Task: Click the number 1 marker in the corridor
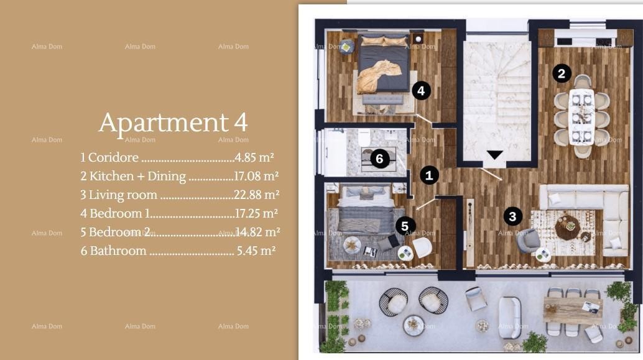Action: click(x=429, y=175)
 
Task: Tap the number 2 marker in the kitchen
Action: click(x=561, y=74)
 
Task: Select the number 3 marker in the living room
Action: click(x=512, y=216)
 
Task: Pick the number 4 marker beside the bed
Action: click(x=421, y=91)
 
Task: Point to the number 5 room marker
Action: click(x=405, y=226)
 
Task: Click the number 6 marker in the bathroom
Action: click(x=380, y=159)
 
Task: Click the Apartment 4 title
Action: click(x=173, y=122)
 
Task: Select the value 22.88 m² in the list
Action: click(x=256, y=195)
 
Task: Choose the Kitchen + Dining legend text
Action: click(x=137, y=176)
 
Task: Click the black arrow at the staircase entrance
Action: click(x=494, y=155)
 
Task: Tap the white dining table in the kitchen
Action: click(x=583, y=116)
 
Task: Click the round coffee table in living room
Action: click(x=567, y=228)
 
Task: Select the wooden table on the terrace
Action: click(x=572, y=308)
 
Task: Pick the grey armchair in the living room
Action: click(x=530, y=240)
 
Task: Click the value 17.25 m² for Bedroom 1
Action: click(x=256, y=213)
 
